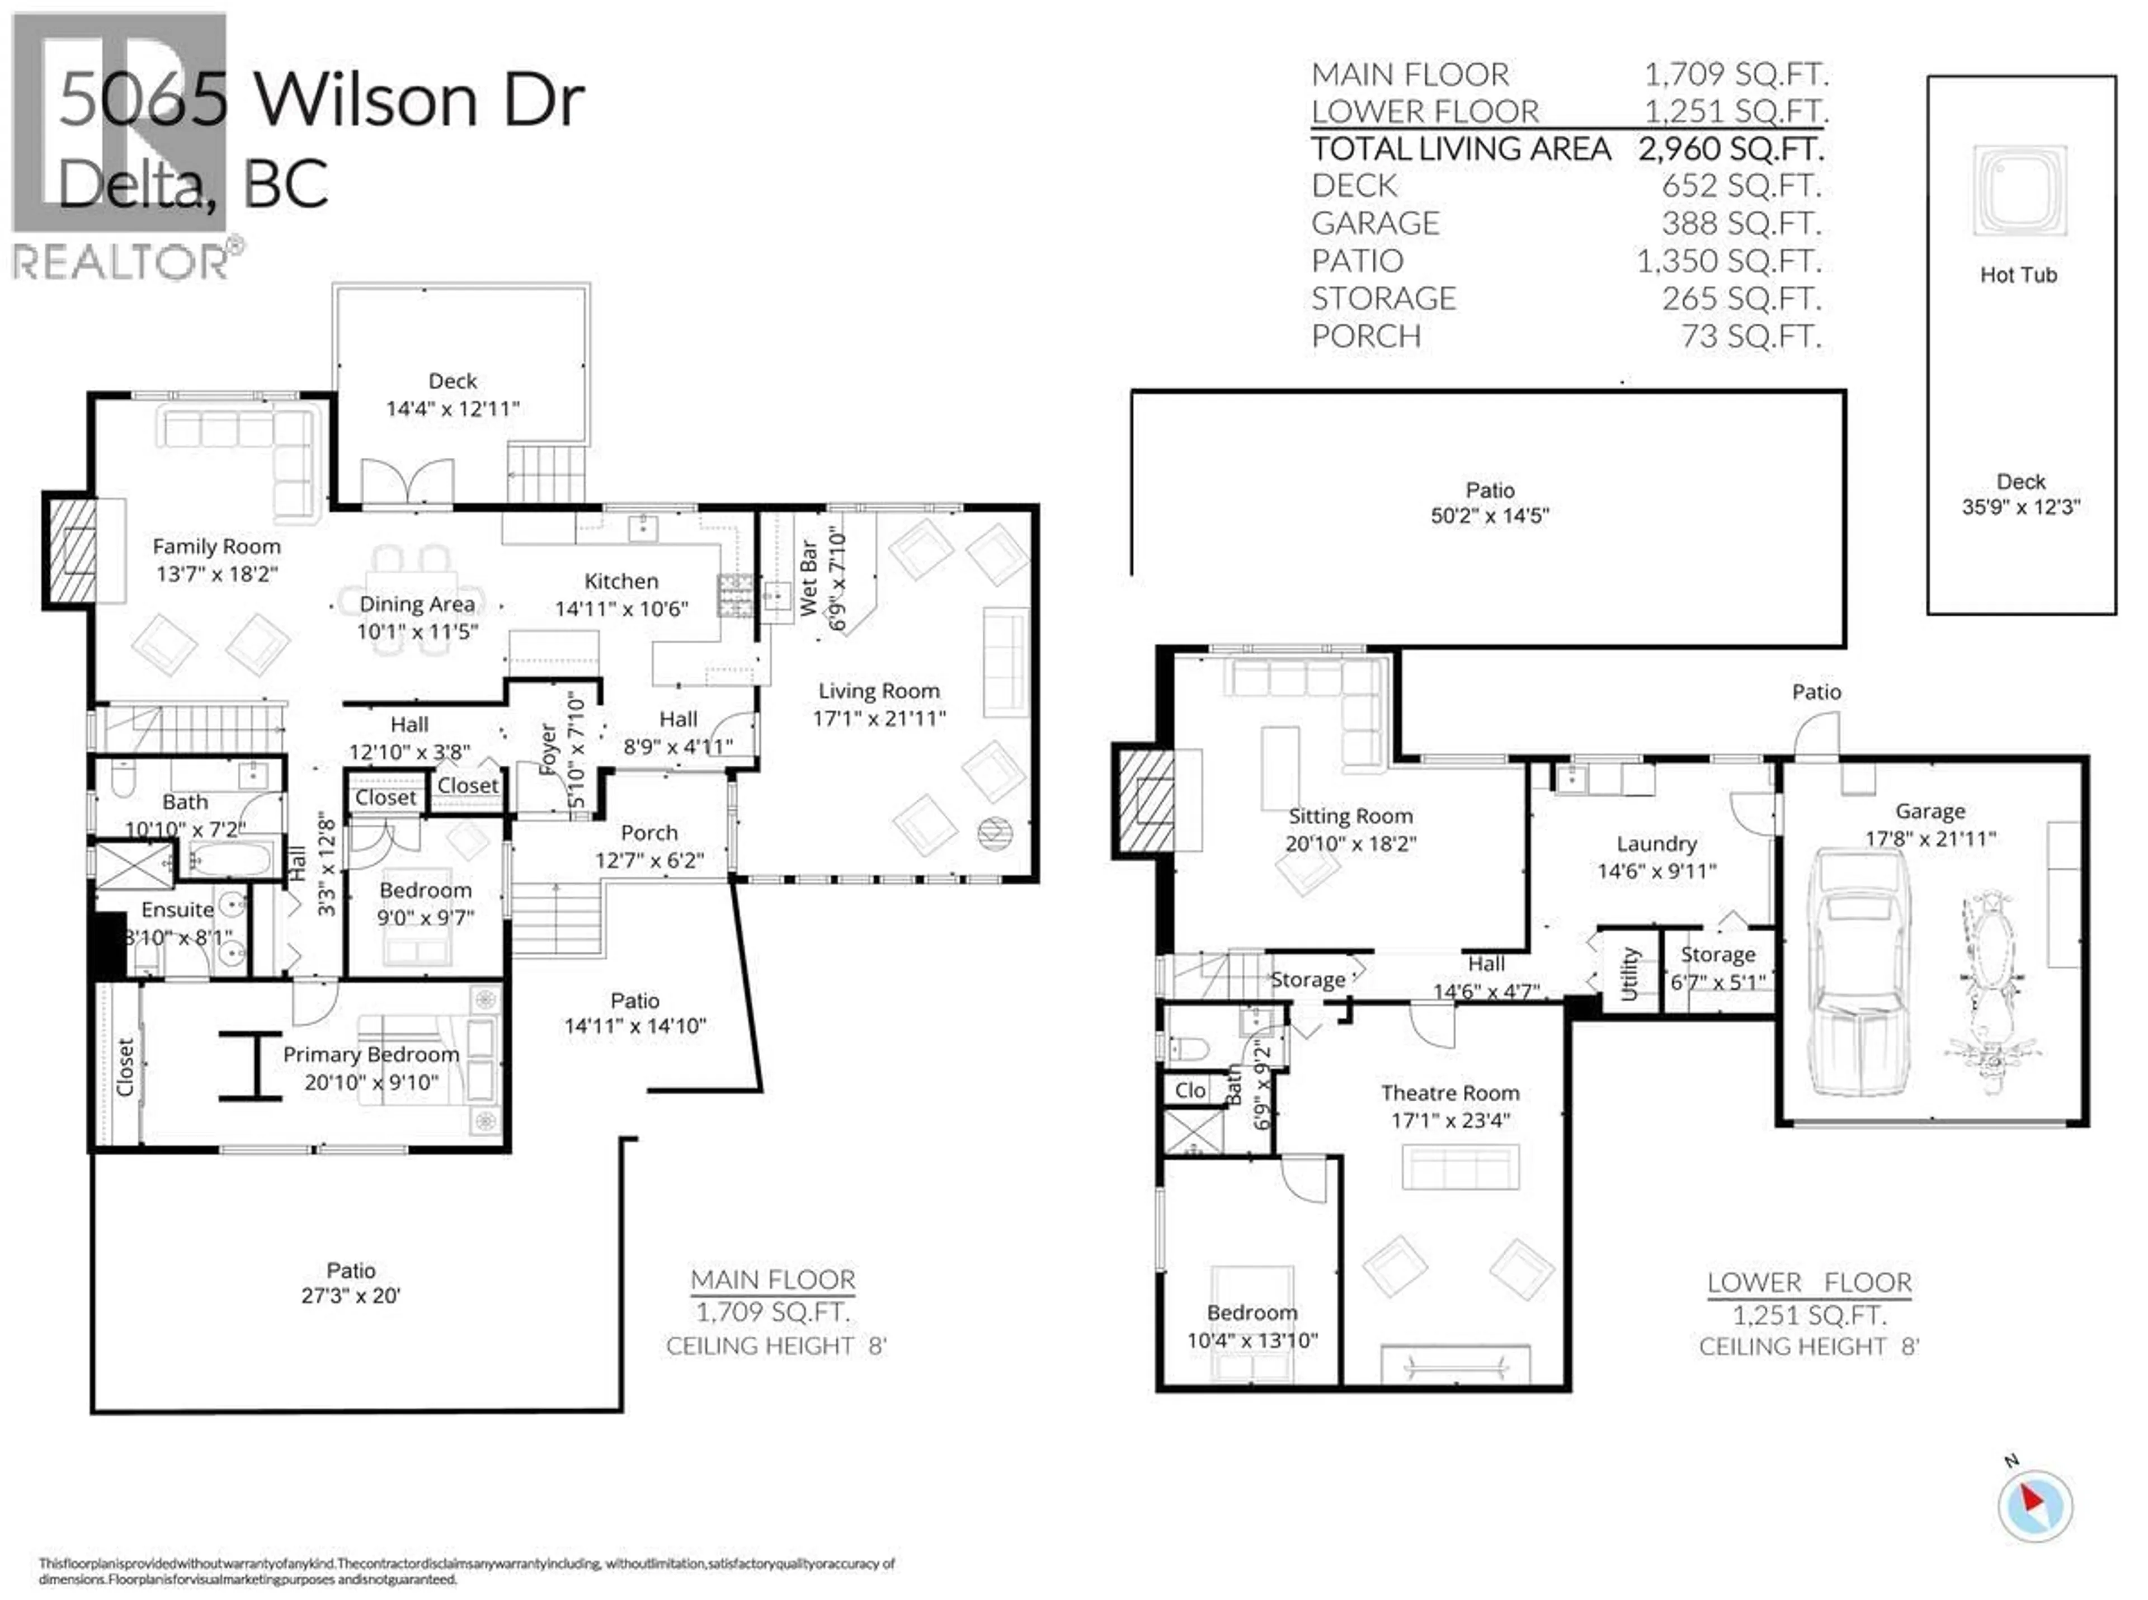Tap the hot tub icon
click(x=2019, y=191)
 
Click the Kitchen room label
click(x=621, y=581)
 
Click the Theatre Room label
click(x=1449, y=1093)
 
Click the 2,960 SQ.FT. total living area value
click(x=1730, y=149)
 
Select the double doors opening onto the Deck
click(x=407, y=482)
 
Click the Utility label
click(x=1629, y=973)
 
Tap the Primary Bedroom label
click(x=371, y=1055)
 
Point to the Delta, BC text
click(x=193, y=184)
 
